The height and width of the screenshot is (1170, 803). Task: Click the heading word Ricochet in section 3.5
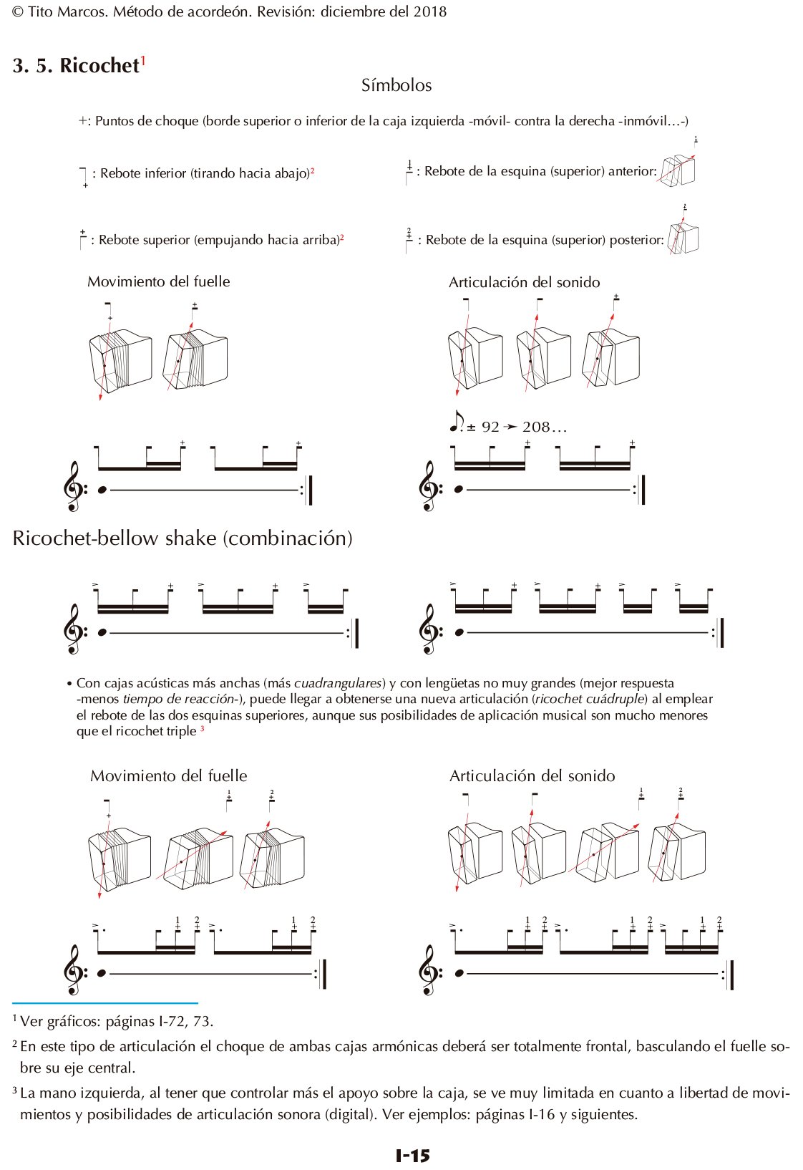[x=99, y=65]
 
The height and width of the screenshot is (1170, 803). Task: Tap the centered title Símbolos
[x=396, y=85]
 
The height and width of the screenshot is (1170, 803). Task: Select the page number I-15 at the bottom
[x=412, y=1155]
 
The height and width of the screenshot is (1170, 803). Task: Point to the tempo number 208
[x=536, y=427]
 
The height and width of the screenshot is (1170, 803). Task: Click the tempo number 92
[x=490, y=427]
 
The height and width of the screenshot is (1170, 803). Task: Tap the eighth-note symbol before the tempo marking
[x=455, y=422]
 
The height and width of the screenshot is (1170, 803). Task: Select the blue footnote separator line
[x=105, y=1003]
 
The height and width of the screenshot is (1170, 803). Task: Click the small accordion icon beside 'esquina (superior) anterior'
[x=677, y=170]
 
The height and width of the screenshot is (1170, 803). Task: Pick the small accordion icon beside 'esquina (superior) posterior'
[x=683, y=238]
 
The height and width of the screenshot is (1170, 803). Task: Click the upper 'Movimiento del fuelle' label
[x=158, y=281]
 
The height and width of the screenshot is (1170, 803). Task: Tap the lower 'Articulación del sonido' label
[x=532, y=775]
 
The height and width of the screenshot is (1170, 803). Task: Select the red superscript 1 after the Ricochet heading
[x=143, y=61]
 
